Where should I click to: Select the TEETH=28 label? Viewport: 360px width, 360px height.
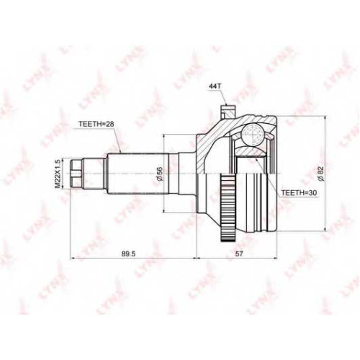click(x=96, y=124)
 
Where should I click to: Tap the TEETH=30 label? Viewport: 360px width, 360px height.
click(x=299, y=192)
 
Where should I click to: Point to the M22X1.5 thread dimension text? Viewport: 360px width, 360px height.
click(x=58, y=174)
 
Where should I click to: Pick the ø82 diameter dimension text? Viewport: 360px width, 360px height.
click(x=321, y=174)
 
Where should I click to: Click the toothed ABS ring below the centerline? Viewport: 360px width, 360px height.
click(x=228, y=208)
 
